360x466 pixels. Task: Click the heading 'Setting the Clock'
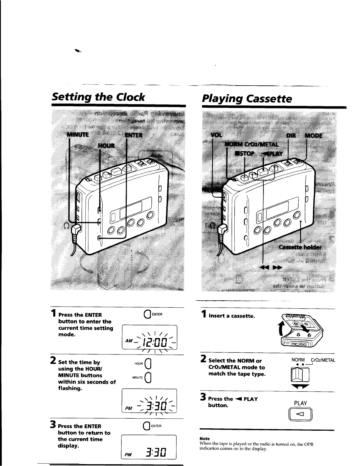click(x=98, y=97)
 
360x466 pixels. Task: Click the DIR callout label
click(x=291, y=136)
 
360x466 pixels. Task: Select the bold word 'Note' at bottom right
click(x=204, y=438)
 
